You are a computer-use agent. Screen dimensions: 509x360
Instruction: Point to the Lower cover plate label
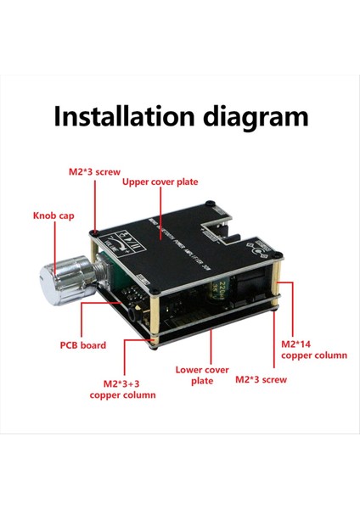[x=202, y=375]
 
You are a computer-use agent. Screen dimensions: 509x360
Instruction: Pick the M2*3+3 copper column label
[x=123, y=389]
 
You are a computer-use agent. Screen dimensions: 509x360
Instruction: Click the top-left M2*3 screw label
[x=95, y=171]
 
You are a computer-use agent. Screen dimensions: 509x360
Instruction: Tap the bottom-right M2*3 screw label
[x=262, y=379]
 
